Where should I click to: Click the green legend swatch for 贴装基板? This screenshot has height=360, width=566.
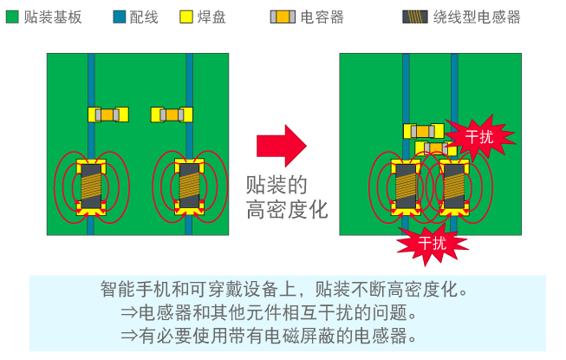[x=14, y=16]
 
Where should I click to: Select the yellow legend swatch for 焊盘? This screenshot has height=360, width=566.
[x=185, y=16]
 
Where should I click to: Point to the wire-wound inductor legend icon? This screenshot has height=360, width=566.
[x=414, y=16]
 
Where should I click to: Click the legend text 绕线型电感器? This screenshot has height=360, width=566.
[x=477, y=16]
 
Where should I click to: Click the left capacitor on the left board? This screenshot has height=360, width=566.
[x=107, y=115]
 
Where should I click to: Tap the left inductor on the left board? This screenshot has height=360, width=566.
[x=91, y=187]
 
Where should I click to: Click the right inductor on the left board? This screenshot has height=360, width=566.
[x=189, y=187]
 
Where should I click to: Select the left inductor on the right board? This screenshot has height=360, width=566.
[x=405, y=187]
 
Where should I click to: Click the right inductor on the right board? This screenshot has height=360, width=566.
[x=455, y=187]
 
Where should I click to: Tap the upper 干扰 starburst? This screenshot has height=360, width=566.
[x=479, y=136]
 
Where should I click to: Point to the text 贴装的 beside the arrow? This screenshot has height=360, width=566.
[x=276, y=184]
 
